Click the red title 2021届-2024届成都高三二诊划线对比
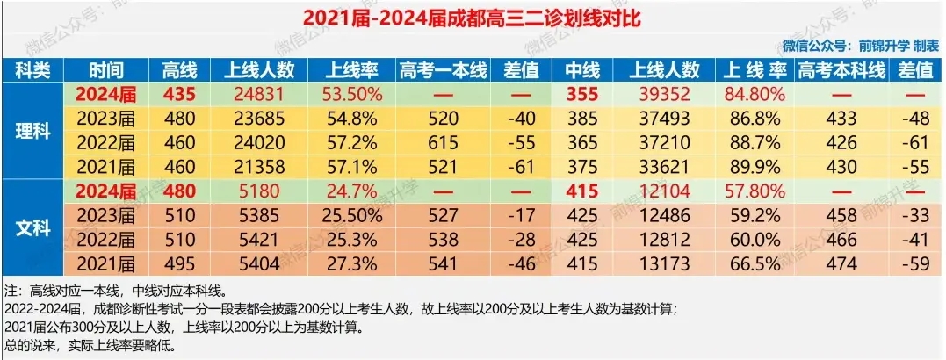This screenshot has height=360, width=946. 472,18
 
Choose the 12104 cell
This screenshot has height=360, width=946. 665,191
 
